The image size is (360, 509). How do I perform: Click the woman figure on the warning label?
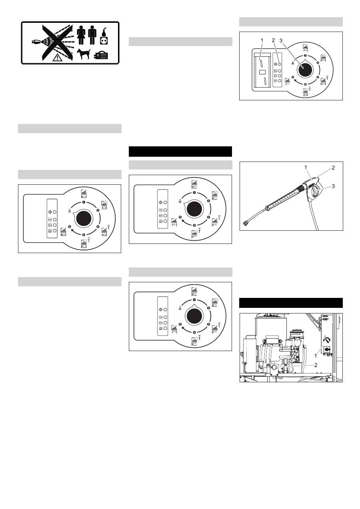[81, 35]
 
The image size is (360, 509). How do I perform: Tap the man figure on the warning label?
[92, 35]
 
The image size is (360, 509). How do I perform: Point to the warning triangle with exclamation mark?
[58, 58]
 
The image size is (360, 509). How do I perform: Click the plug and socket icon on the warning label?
[104, 36]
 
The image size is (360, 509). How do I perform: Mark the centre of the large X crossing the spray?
[57, 43]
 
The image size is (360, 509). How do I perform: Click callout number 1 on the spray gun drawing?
[306, 168]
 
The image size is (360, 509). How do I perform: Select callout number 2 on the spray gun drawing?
[333, 168]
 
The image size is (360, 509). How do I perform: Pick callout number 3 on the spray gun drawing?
[333, 186]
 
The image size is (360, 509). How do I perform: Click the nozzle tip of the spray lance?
[246, 224]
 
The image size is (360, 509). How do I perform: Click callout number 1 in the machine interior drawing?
[315, 356]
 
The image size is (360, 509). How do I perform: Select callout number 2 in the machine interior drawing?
[316, 365]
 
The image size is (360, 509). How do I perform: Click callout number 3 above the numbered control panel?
[281, 40]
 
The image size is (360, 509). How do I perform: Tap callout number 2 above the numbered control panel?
[273, 40]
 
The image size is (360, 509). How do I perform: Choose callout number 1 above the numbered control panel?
[262, 40]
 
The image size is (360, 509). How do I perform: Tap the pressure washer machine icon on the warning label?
[101, 55]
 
